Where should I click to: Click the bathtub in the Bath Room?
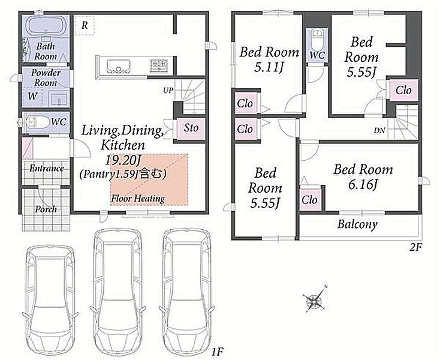pos(45,26)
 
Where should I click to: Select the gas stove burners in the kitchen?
pos(159,66)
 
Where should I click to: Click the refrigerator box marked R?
pos(84,25)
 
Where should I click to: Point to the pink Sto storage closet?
pos(191,128)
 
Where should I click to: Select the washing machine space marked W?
pos(32,97)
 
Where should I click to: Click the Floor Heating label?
pos(138,199)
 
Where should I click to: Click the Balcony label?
pos(357,224)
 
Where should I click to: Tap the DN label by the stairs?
pos(379,130)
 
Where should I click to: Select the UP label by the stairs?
pos(168,91)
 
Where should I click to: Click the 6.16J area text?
pos(363,184)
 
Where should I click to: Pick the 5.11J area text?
pos(269,67)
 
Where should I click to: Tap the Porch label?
pos(46,209)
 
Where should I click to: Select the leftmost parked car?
pos(50,300)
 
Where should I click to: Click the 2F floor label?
pos(415,247)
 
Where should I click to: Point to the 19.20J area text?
pos(123,160)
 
